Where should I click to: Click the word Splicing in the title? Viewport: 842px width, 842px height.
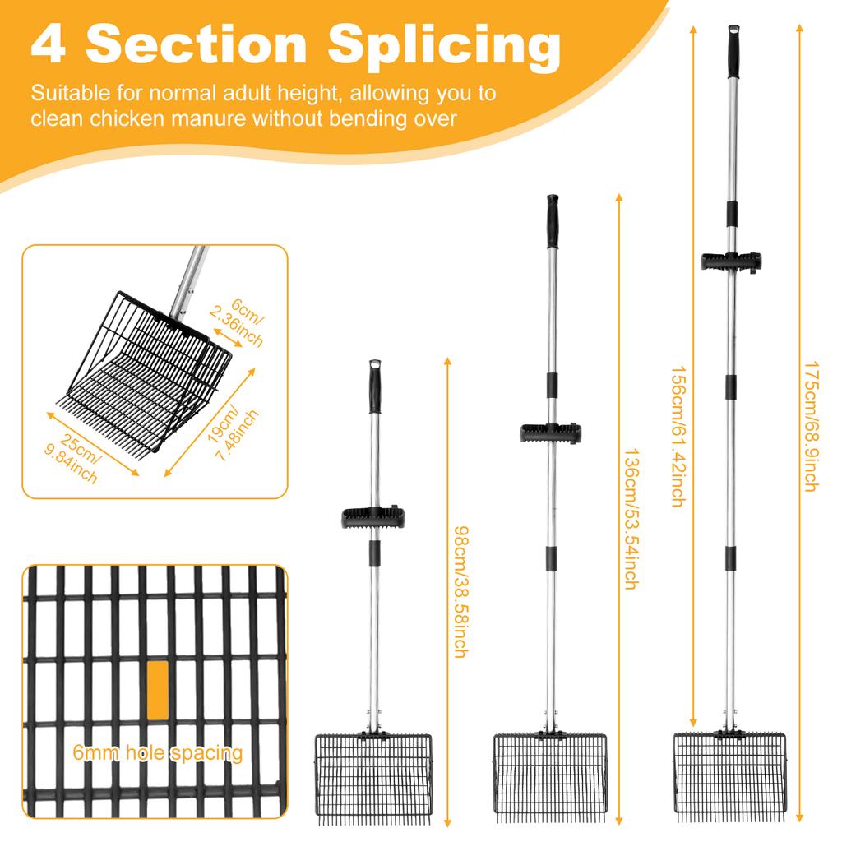point(444,46)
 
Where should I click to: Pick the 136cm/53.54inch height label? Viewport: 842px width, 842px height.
point(630,519)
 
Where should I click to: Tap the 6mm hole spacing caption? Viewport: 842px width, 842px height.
point(158,753)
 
